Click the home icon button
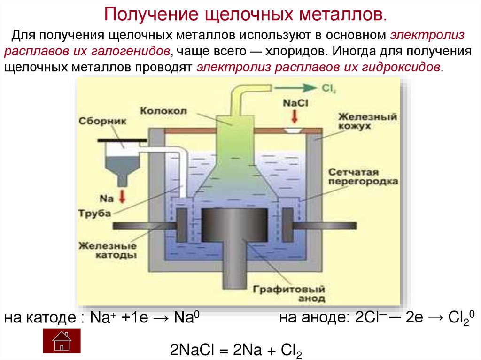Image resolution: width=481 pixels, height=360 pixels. coord(62,340)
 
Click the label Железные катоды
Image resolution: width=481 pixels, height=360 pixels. coord(108,251)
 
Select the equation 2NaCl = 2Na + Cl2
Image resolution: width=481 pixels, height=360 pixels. coord(236,349)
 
